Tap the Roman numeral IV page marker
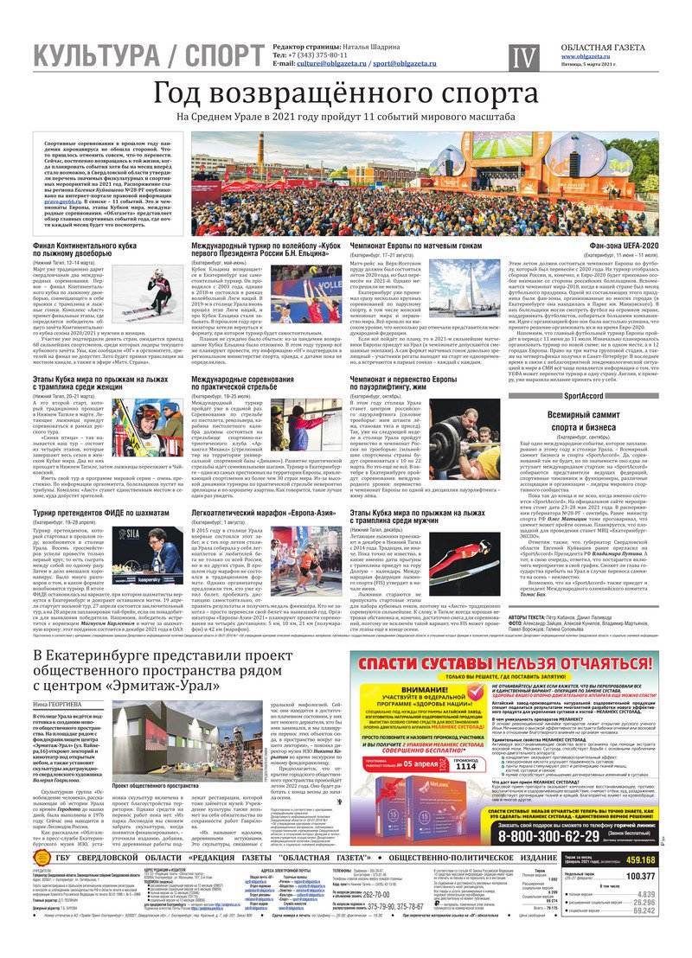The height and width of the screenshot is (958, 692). [522, 58]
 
